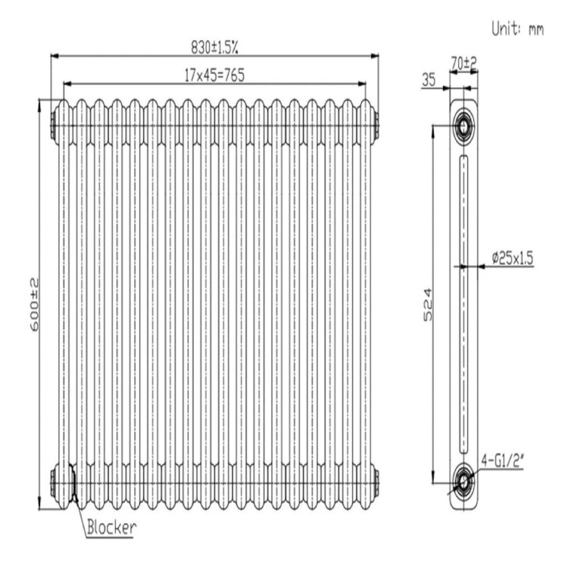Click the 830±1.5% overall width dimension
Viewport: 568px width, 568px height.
click(x=214, y=46)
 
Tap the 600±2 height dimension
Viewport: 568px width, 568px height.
click(x=35, y=303)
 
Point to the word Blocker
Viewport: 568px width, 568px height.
click(x=111, y=526)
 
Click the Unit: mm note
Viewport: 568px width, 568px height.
click(x=518, y=30)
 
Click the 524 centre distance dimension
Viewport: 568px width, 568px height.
click(x=427, y=303)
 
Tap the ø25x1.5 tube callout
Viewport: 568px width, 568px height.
click(x=513, y=258)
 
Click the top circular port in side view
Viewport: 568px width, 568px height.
click(x=462, y=126)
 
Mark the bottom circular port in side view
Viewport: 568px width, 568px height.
click(x=462, y=479)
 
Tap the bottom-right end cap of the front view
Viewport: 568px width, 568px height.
click(x=376, y=482)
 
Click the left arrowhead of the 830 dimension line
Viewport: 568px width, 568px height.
click(x=54, y=55)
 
